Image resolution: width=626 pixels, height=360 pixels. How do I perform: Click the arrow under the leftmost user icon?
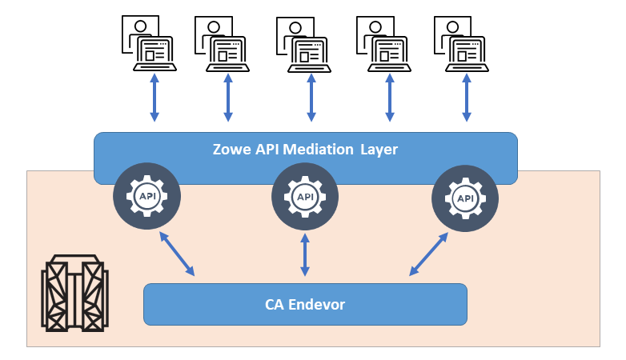point(154,98)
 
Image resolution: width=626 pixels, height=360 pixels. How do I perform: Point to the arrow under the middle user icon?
point(311,98)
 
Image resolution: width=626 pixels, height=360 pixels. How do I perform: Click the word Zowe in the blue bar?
point(231,149)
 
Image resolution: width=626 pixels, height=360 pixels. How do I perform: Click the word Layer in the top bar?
point(378,149)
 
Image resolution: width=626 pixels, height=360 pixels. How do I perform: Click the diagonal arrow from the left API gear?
point(178,254)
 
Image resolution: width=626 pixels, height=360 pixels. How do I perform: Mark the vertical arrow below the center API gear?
point(305,254)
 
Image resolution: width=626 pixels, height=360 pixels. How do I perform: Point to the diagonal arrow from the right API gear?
point(428,254)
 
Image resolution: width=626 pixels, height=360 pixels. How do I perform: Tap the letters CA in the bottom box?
point(274,305)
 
